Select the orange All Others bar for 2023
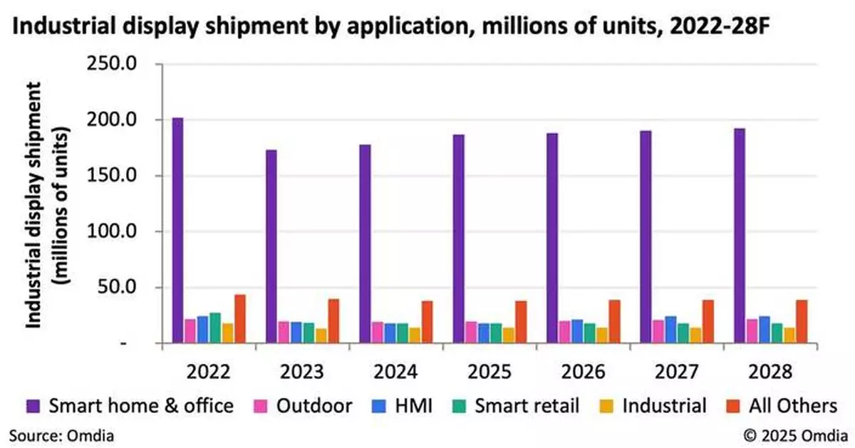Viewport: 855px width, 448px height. point(333,321)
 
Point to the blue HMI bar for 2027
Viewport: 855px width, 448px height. point(670,330)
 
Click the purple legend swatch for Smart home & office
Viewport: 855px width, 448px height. point(31,406)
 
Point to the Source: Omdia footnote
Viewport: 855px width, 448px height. point(61,434)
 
